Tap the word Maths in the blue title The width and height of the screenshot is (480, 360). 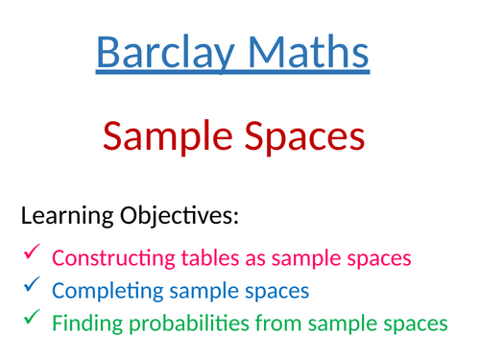(305, 53)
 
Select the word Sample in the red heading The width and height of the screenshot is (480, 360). (161, 137)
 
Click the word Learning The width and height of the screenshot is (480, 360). (63, 217)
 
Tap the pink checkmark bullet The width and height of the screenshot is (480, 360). (30, 253)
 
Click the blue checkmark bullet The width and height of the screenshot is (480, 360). (30, 285)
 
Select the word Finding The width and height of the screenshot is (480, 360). (85, 324)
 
